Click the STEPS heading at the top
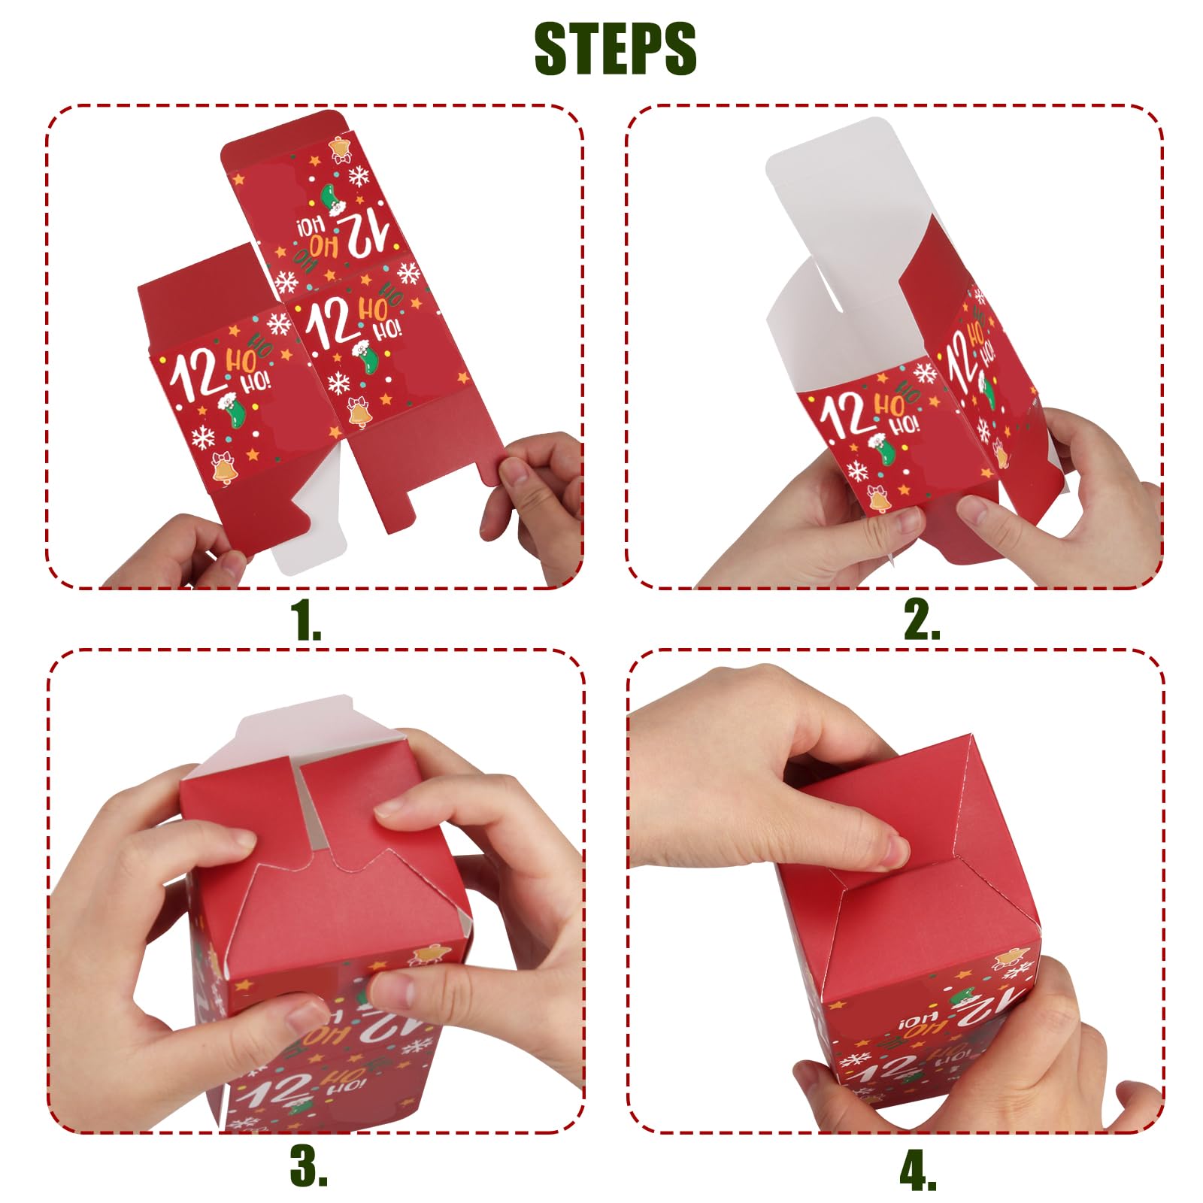615,49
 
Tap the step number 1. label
305,621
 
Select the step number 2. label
921,621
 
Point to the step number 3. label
308,1166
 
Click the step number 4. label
918,1171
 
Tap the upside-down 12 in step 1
362,231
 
